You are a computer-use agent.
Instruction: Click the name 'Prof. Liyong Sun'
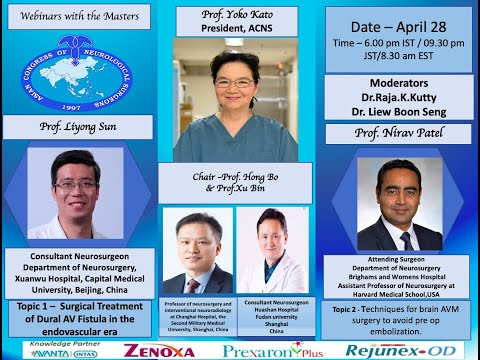point(79,127)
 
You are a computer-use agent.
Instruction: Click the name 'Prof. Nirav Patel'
point(400,132)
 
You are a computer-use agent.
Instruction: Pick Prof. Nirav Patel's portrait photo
point(400,204)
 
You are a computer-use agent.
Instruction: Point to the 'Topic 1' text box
point(79,317)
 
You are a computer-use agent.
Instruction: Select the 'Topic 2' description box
point(400,317)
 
